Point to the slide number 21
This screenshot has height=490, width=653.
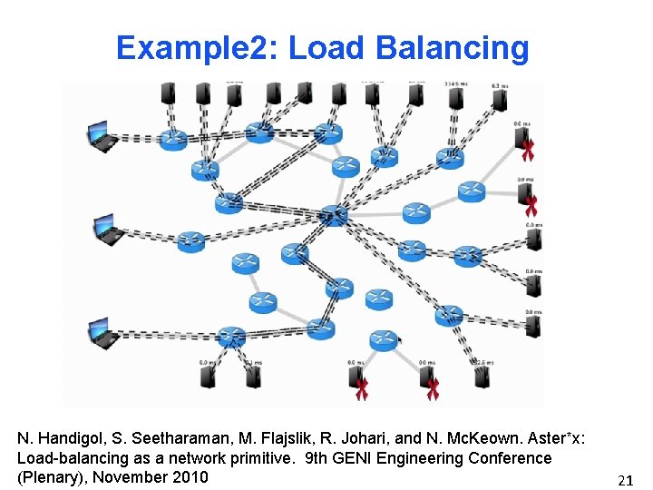click(x=625, y=480)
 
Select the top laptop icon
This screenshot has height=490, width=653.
click(x=102, y=135)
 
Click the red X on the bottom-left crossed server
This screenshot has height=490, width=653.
click(x=362, y=389)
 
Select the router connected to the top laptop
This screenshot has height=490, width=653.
click(x=172, y=139)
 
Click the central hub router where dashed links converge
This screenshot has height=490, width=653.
click(x=334, y=216)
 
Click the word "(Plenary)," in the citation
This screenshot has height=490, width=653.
click(x=52, y=477)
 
